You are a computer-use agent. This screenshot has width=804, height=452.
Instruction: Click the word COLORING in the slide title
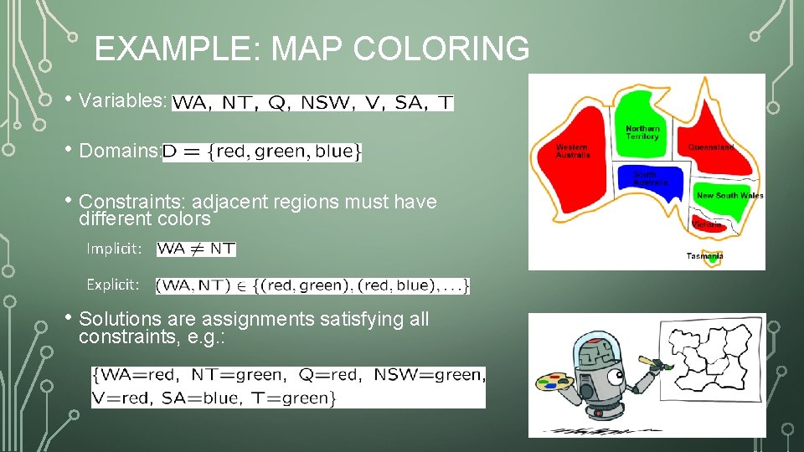point(441,49)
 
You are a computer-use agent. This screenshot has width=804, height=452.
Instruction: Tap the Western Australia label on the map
point(573,151)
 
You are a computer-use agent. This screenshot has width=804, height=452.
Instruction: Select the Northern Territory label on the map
point(642,133)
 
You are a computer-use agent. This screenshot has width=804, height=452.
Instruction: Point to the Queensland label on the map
point(711,147)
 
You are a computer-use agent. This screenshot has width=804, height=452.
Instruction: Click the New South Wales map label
point(729,196)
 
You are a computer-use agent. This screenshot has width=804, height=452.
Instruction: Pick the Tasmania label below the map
point(704,256)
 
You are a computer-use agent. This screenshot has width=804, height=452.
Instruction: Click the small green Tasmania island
point(713,259)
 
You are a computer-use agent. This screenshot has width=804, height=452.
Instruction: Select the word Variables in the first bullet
point(122,100)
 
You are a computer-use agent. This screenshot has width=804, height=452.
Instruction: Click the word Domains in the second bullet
point(118,152)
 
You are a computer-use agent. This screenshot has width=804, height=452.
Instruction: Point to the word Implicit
point(114,249)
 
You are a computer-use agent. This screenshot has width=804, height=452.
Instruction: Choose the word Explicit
point(113,285)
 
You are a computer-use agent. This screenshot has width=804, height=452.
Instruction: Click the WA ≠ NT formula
point(196,249)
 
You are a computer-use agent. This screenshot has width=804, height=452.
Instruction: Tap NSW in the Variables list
point(318,103)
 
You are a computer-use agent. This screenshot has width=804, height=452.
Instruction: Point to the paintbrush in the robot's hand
point(648,362)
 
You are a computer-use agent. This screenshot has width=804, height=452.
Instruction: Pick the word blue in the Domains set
point(335,152)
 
